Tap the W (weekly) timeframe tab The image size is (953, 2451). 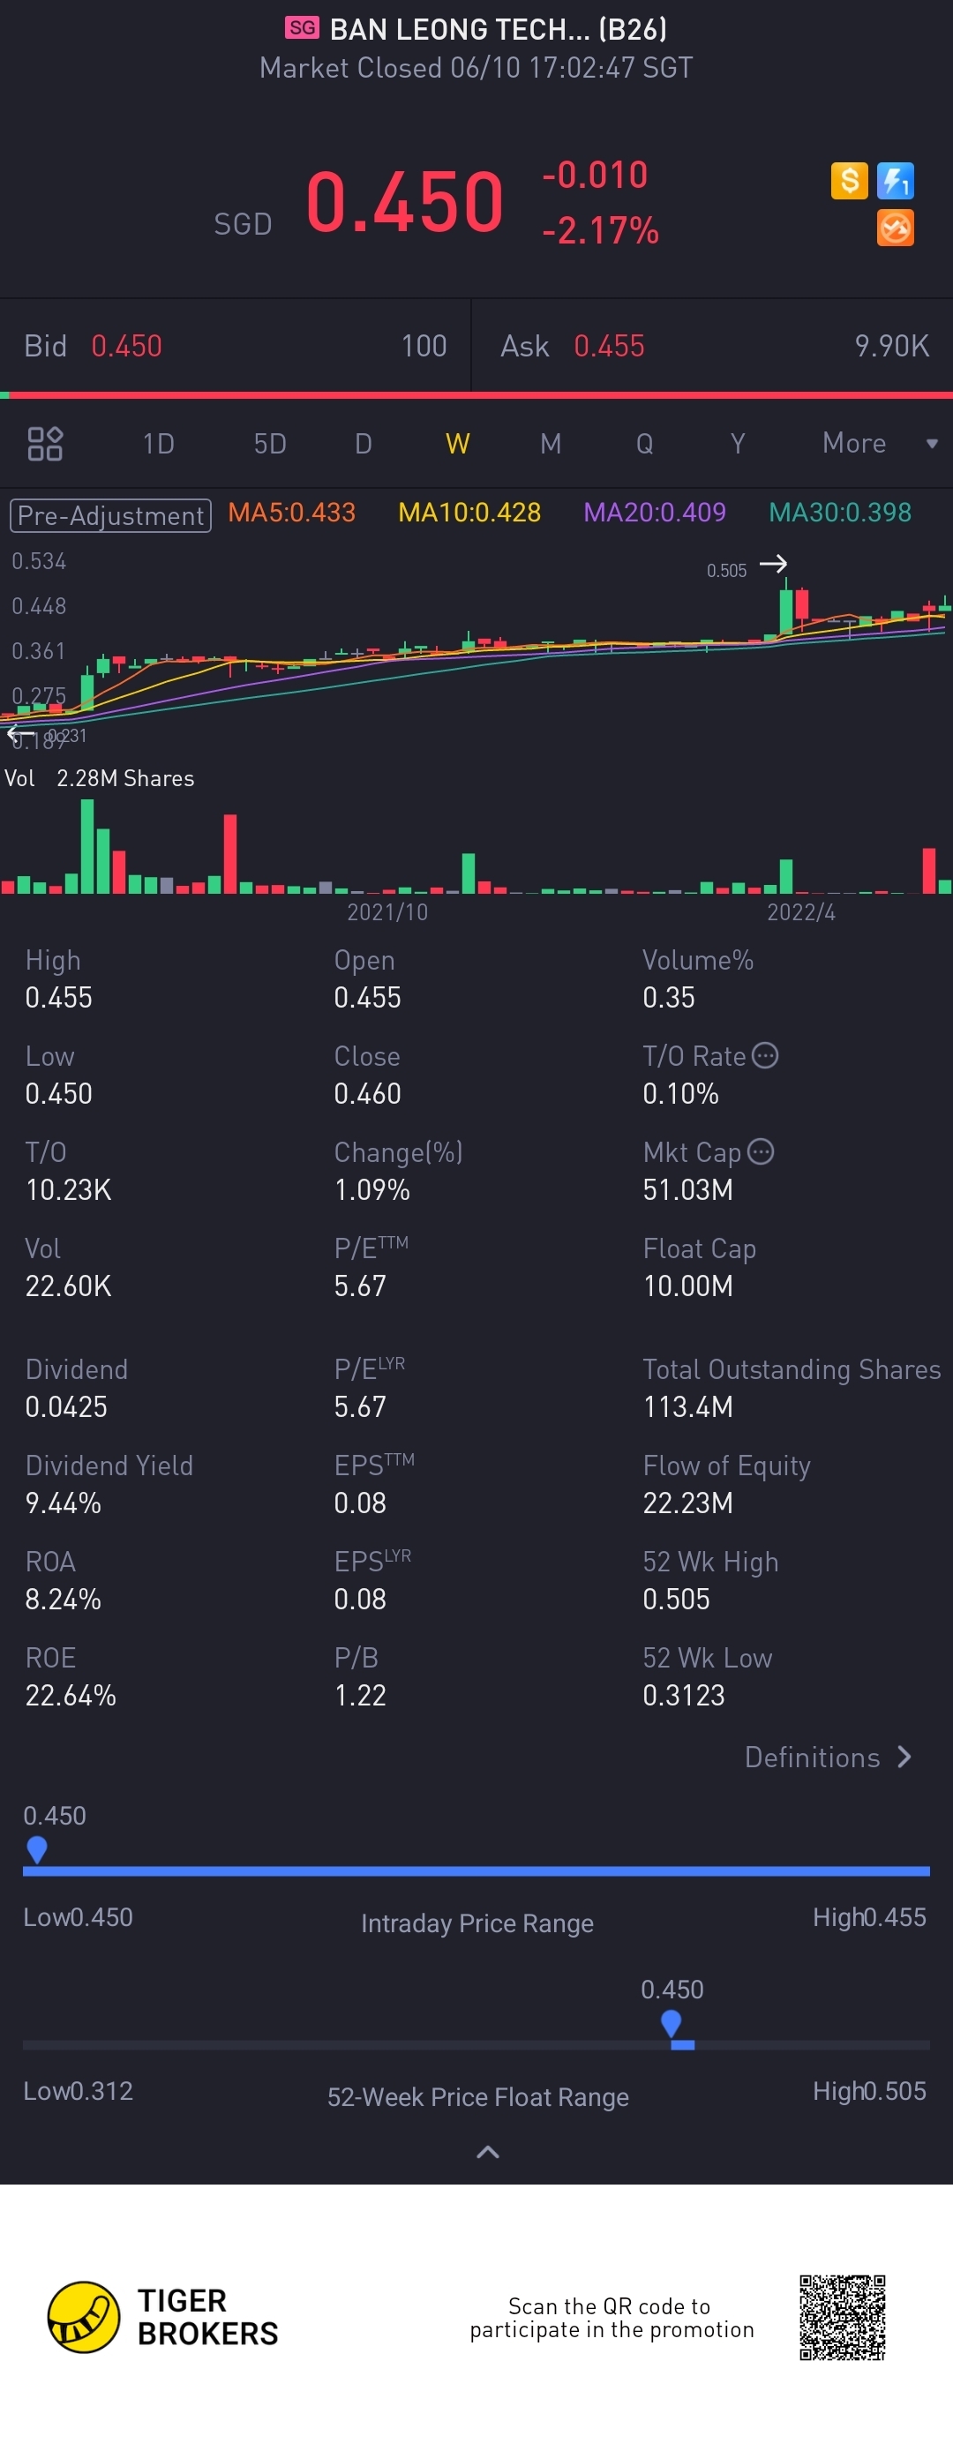click(x=457, y=444)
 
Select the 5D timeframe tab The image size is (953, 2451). click(x=269, y=444)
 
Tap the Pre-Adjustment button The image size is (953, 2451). click(x=110, y=516)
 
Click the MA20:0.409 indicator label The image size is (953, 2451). click(x=654, y=513)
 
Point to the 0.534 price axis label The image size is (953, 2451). click(x=39, y=561)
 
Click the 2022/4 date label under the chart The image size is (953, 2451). click(x=800, y=912)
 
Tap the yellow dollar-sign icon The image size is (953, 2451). click(x=849, y=180)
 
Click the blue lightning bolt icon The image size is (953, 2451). click(x=895, y=180)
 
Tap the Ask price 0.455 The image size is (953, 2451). click(x=608, y=347)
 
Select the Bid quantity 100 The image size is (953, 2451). click(x=424, y=347)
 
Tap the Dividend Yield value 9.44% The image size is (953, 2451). click(x=63, y=1503)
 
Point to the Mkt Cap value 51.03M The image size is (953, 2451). click(x=687, y=1190)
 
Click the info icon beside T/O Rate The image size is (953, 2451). click(x=764, y=1055)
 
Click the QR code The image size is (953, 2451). click(x=842, y=2317)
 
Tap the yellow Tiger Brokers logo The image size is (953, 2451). click(x=84, y=2317)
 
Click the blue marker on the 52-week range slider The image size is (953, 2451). click(x=672, y=2022)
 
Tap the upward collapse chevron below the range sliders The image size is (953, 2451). click(x=487, y=2152)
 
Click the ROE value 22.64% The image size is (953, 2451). click(x=71, y=1696)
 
